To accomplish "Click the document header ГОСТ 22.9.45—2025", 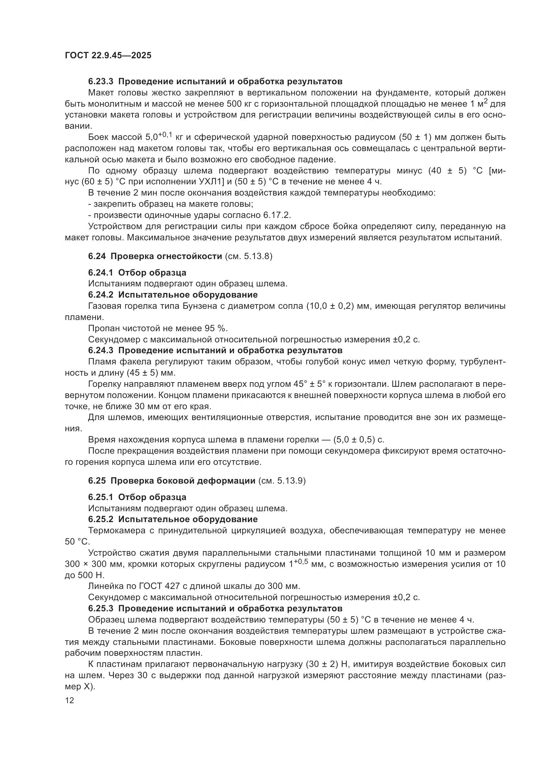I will [x=108, y=55].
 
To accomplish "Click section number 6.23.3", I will [x=101, y=82].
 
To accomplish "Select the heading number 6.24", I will [x=97, y=256].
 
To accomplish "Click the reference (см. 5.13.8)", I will [x=248, y=256].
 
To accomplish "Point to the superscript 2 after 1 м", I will [x=485, y=101].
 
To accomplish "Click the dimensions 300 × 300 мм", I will [x=91, y=564].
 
